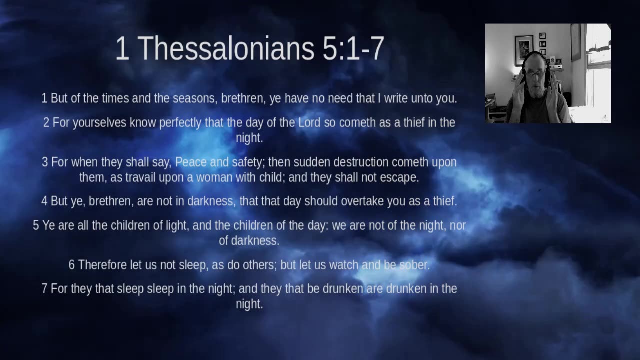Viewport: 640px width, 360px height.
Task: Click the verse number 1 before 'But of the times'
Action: [x=44, y=98]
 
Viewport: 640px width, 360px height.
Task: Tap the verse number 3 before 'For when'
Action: [x=45, y=162]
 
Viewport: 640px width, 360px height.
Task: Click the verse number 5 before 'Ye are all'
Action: [x=36, y=225]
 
